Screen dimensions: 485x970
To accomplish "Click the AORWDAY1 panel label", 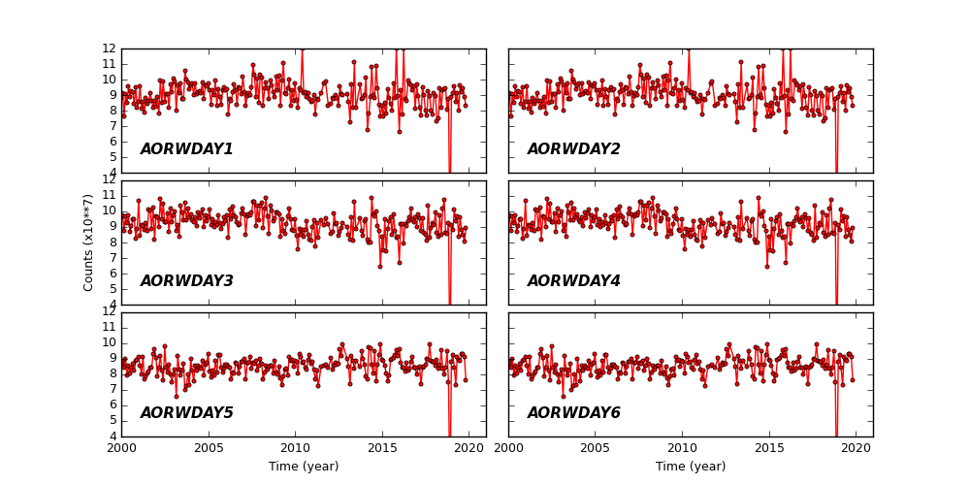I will pyautogui.click(x=186, y=149).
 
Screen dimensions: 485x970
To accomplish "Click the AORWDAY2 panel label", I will pyautogui.click(x=573, y=149).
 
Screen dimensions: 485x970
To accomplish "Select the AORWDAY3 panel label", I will pyautogui.click(x=186, y=281).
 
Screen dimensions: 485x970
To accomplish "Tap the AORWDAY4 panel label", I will pyautogui.click(x=573, y=281).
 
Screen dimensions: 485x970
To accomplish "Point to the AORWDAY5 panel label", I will pyautogui.click(x=186, y=413).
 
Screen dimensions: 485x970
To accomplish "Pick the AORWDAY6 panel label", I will pyautogui.click(x=573, y=413).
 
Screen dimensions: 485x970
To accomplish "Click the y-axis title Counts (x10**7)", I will pyautogui.click(x=88, y=242).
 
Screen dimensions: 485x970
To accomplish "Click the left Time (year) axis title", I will pyautogui.click(x=304, y=467).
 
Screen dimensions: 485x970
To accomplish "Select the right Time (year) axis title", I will pyautogui.click(x=691, y=467).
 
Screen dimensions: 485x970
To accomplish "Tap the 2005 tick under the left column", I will pyautogui.click(x=209, y=448).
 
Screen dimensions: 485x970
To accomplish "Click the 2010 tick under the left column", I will pyautogui.click(x=295, y=448).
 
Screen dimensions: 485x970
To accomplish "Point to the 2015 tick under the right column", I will pyautogui.click(x=769, y=448).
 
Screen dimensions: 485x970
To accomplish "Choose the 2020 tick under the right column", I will pyautogui.click(x=856, y=448).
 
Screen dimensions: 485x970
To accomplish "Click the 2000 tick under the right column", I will pyautogui.click(x=509, y=448).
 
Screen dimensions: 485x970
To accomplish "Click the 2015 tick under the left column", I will pyautogui.click(x=382, y=448).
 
